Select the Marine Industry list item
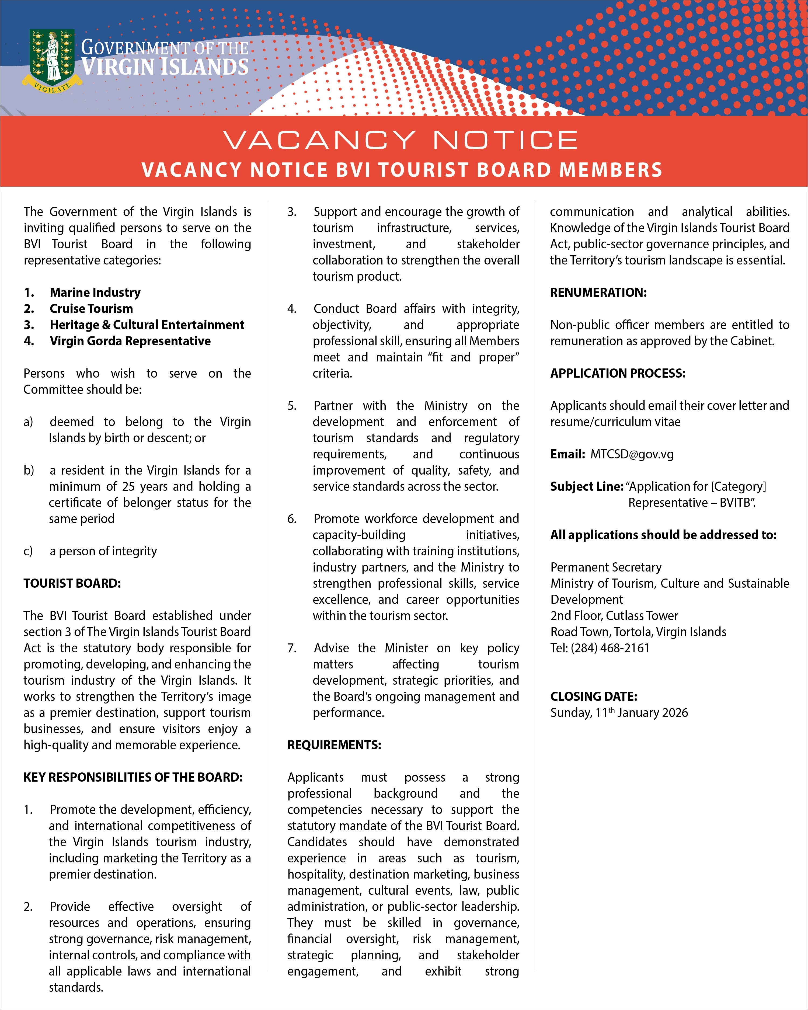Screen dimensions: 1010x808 [95, 293]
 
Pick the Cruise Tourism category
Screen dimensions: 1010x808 [91, 309]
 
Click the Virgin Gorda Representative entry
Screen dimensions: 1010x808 [130, 341]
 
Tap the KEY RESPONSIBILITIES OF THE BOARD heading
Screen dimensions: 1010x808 [133, 777]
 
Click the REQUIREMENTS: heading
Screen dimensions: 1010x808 [334, 745]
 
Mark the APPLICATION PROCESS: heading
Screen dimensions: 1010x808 [617, 373]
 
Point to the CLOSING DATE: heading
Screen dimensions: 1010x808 [593, 696]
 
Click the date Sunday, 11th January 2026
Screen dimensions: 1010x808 [619, 713]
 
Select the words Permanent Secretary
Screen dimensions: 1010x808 [606, 567]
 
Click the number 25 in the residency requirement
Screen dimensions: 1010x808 [129, 487]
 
